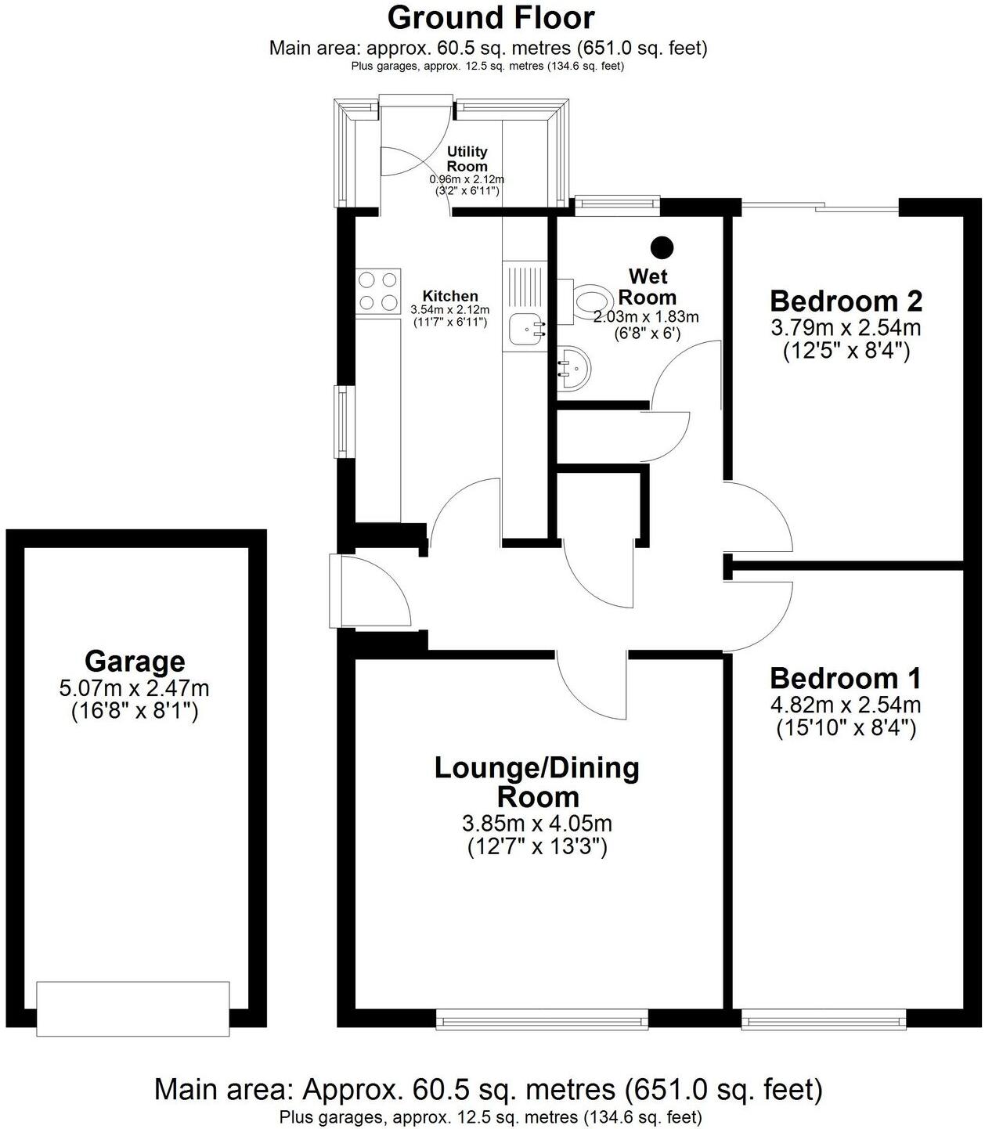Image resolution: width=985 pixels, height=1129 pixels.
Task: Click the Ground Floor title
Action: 491,17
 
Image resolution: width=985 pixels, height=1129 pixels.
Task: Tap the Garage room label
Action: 135,662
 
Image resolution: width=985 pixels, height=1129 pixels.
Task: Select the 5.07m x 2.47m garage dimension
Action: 135,689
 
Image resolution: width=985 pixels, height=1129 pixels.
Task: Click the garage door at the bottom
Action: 133,1008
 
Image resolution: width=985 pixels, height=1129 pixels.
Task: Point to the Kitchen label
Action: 450,296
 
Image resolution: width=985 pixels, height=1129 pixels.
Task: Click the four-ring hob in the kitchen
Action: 378,290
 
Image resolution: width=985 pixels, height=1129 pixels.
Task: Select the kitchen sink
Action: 526,329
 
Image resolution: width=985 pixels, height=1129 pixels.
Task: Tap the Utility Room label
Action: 467,159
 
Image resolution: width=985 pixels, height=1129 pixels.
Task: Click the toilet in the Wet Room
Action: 589,300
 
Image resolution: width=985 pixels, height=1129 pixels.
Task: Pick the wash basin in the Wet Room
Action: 575,367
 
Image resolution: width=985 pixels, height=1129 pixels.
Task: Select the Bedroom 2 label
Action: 846,301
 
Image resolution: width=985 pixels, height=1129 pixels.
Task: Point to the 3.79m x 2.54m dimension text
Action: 846,327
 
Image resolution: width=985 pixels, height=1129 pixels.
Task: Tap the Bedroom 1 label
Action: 846,678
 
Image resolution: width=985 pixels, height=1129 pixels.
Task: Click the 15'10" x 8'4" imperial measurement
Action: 846,729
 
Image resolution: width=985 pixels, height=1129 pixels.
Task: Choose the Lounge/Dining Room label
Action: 537,782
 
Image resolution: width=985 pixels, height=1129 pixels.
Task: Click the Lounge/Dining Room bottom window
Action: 542,1019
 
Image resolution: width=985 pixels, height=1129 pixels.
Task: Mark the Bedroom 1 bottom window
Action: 823,1019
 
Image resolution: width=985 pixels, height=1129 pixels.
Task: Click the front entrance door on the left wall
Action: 335,591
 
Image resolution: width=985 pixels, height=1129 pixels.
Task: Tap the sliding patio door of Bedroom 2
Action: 820,207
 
